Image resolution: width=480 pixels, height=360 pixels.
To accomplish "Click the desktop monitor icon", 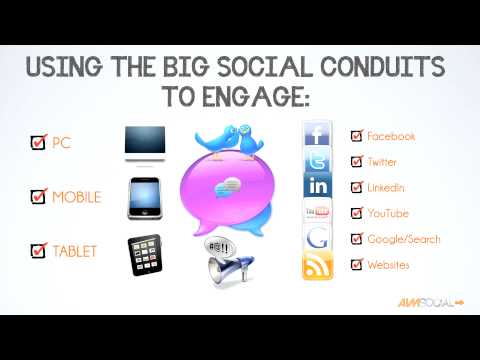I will click(x=145, y=144).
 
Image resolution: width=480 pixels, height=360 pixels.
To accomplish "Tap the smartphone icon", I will click(x=146, y=197).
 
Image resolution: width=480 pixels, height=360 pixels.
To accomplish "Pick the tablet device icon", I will click(x=146, y=254).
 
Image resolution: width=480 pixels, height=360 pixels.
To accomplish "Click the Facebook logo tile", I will click(x=318, y=135).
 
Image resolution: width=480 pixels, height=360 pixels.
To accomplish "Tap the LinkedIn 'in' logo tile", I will click(x=318, y=187).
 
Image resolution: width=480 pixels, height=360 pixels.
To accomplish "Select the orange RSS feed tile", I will click(x=318, y=266).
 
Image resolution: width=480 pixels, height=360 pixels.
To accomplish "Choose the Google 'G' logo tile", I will click(x=318, y=239).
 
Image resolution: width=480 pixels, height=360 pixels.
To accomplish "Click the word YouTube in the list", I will click(x=387, y=213).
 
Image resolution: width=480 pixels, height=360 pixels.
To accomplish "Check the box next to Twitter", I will click(x=356, y=161).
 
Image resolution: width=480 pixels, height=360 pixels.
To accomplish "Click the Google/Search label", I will click(x=404, y=239).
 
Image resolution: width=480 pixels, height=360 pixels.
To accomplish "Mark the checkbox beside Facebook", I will click(x=356, y=135).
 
